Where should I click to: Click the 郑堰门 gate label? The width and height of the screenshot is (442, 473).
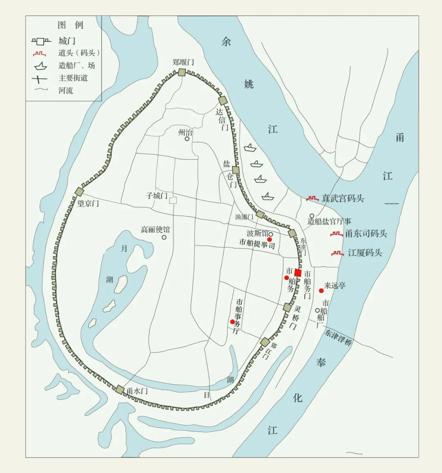[x=183, y=62]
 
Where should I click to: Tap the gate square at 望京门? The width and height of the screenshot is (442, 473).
[x=79, y=191]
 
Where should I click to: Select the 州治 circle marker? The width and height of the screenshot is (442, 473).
[x=187, y=139]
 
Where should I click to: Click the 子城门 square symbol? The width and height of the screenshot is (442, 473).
[x=173, y=200]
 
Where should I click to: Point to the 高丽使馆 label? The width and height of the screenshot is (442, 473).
[x=155, y=230]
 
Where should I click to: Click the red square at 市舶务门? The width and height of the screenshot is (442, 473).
[x=298, y=273]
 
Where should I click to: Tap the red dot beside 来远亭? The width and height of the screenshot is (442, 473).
[x=321, y=291]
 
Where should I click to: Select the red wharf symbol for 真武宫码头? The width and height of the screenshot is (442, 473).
[x=312, y=198]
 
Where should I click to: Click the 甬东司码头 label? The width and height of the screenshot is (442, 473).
[x=366, y=234]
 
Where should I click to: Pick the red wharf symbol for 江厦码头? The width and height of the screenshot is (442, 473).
[x=337, y=253]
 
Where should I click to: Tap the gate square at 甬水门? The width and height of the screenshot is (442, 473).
[x=120, y=390]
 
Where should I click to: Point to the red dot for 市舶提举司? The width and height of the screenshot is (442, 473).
[x=269, y=239]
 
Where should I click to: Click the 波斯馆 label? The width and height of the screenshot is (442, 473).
[x=257, y=233]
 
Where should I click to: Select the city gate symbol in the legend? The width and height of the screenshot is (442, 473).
[x=41, y=41]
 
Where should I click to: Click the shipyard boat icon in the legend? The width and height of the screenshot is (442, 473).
[x=41, y=65]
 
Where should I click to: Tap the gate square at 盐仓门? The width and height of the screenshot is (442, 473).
[x=235, y=170]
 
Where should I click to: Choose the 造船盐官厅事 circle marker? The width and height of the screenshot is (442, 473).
[x=311, y=216]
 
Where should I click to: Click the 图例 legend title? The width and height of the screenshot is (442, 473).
[x=70, y=25]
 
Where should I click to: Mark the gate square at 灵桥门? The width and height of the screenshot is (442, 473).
[x=287, y=307]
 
